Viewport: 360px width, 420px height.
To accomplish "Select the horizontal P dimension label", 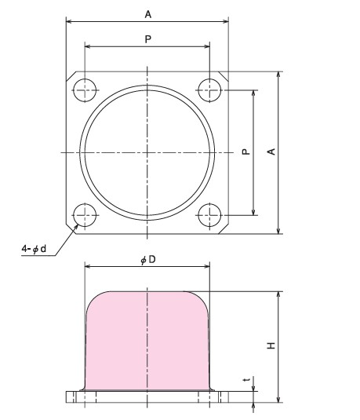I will pos(147,38).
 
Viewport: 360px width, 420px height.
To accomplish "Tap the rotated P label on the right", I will pos(246,152).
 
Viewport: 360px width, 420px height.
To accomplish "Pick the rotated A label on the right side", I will pos(271,152).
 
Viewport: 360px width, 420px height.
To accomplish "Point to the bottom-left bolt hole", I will pos(84,214).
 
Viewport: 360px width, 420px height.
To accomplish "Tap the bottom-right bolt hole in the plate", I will pos(210,214).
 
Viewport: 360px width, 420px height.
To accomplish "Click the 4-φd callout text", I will pos(33,250).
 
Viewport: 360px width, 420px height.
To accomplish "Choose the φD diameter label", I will pos(147,259).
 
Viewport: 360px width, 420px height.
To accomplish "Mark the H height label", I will pos(271,346).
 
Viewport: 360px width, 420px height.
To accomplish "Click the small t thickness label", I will pos(247,382).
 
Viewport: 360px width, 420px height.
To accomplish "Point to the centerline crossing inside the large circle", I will pos(147,151).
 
